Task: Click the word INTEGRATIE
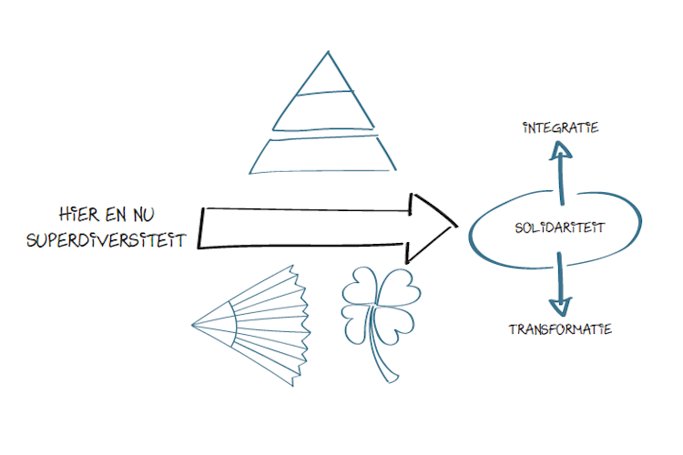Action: tap(561, 127)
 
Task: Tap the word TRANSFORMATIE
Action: tap(560, 329)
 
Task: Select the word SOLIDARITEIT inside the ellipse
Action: tap(547, 227)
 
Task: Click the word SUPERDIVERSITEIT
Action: tap(107, 241)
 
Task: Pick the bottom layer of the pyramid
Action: tap(324, 155)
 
